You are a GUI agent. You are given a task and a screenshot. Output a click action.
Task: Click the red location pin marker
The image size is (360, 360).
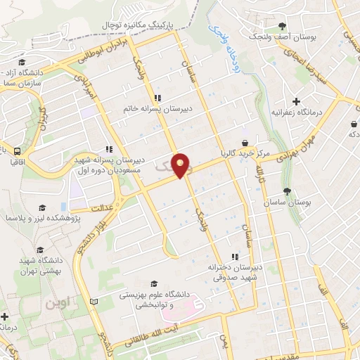click(x=182, y=165)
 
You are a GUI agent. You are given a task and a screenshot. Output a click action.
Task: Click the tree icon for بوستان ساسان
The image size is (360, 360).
click(x=287, y=191)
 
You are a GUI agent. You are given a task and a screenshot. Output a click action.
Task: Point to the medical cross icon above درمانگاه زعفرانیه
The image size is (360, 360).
click(x=296, y=101)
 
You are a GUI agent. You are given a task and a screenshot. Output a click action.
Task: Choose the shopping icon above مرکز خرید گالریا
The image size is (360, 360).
click(x=244, y=143)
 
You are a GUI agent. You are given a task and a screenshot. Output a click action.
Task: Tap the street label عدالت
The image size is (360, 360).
click(x=102, y=208)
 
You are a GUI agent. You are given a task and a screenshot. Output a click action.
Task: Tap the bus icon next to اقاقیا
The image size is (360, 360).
click(x=16, y=150)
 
